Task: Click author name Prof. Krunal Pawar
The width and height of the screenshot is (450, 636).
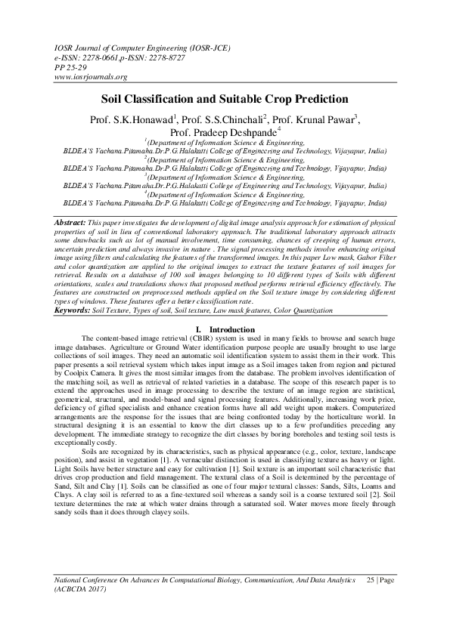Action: point(313,119)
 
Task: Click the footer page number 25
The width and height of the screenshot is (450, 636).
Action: point(371,599)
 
